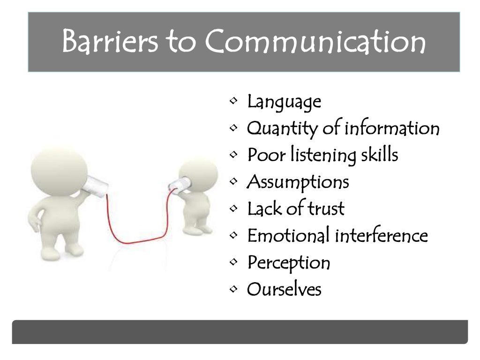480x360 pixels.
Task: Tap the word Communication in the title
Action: [x=315, y=42]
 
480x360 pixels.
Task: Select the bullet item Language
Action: [x=284, y=101]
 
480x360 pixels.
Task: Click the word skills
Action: [x=379, y=155]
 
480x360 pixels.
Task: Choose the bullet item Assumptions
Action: [x=298, y=182]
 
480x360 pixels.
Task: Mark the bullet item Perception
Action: [x=289, y=263]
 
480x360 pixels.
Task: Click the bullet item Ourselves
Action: [x=284, y=289]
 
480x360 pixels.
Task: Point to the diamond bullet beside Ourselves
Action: [x=233, y=289]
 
